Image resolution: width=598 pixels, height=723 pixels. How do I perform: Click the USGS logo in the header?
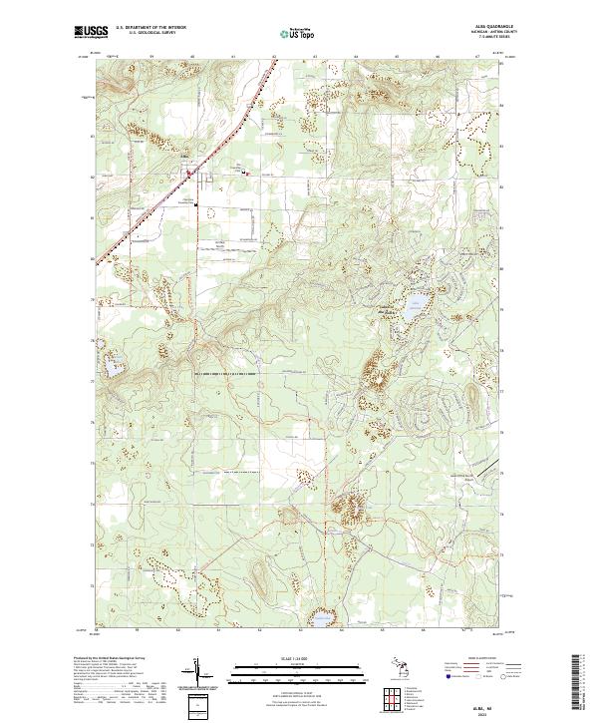91,32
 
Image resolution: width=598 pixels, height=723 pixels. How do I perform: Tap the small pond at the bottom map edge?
321,620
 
